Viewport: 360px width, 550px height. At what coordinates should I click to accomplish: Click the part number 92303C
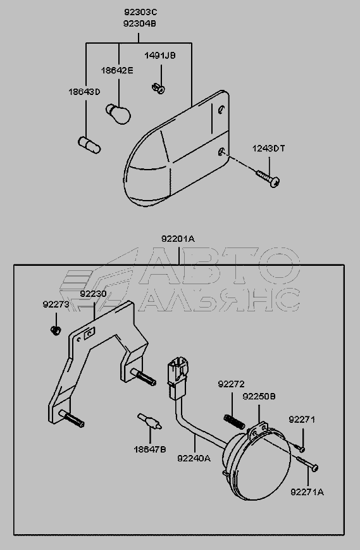tap(140, 12)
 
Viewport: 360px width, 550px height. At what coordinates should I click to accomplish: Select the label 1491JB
tap(160, 56)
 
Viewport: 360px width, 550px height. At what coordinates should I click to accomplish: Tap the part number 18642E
tap(117, 70)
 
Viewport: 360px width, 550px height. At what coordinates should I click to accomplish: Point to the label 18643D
tap(84, 92)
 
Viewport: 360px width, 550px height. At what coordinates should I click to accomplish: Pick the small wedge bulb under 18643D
tap(89, 145)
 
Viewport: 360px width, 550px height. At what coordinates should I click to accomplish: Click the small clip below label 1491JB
tap(159, 88)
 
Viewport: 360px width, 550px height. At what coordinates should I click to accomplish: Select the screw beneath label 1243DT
tap(268, 178)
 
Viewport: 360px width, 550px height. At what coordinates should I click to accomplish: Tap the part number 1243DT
tap(269, 149)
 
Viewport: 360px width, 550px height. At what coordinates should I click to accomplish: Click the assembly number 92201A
tap(178, 239)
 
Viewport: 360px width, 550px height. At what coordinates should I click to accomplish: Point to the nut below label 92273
tap(56, 330)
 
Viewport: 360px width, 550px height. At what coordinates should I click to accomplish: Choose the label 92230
tap(93, 294)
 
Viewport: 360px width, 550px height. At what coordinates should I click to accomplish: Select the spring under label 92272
tap(234, 421)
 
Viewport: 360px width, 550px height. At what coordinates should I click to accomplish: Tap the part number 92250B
tap(259, 396)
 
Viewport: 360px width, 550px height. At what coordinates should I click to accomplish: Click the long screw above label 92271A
tap(307, 463)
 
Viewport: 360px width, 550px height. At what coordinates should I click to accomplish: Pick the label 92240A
tap(194, 458)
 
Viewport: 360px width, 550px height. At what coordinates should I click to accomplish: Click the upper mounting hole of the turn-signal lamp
tap(221, 110)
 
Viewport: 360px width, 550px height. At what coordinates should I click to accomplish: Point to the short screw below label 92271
tap(299, 447)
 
